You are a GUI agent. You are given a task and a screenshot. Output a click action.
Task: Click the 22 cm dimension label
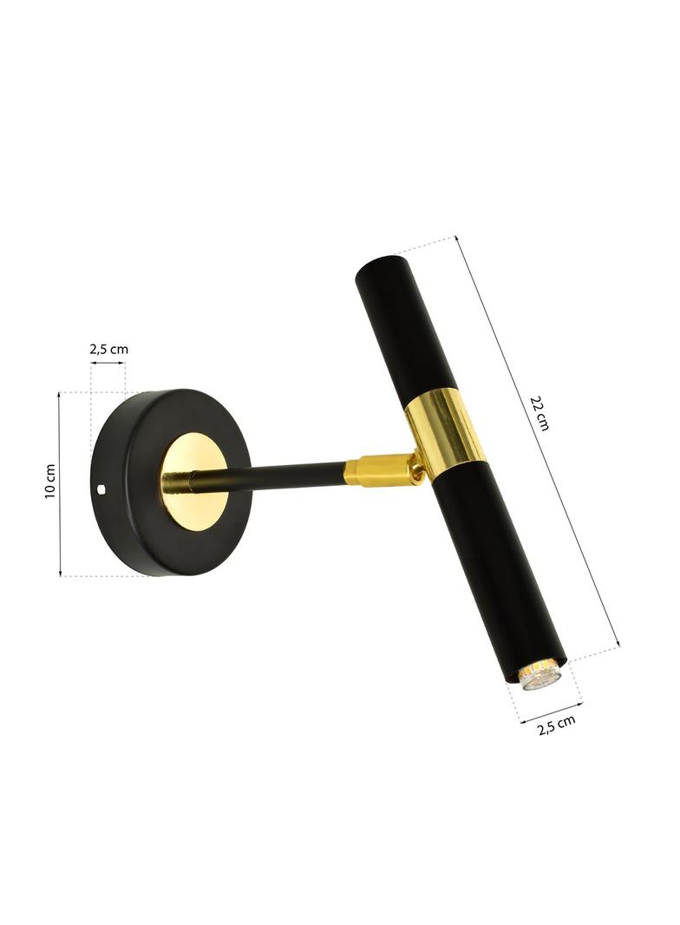tap(539, 413)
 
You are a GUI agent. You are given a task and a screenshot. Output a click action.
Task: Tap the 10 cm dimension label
tap(50, 482)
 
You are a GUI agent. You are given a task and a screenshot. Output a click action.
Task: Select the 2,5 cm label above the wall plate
tap(108, 349)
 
